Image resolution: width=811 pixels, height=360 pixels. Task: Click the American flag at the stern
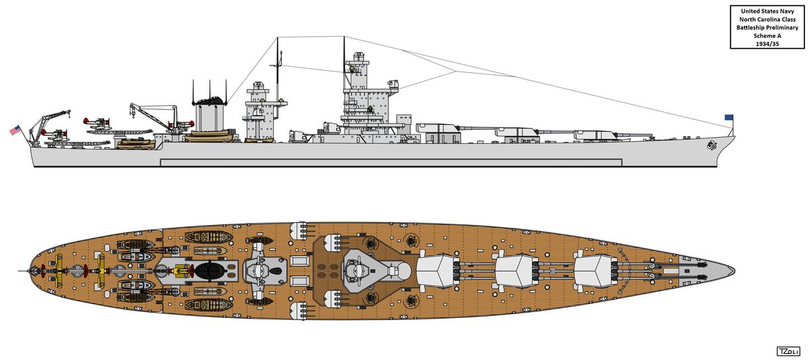[15, 130]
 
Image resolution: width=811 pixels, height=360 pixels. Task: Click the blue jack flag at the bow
[729, 118]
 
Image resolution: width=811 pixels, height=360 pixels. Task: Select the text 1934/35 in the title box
[767, 44]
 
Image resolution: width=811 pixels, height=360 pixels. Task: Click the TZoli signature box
[789, 351]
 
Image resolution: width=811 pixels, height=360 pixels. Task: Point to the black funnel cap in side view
[210, 101]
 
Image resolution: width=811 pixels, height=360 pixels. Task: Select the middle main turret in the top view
[518, 271]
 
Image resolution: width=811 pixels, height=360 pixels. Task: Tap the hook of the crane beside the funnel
[133, 114]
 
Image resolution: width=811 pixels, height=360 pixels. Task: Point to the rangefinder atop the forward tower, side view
[359, 57]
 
